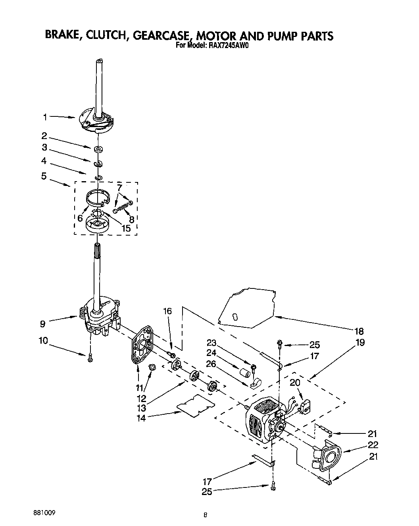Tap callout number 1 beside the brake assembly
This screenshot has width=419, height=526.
(x=46, y=117)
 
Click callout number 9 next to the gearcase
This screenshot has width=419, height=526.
(x=43, y=324)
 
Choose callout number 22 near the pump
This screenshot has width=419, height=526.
(x=373, y=445)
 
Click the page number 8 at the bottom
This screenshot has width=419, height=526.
(x=205, y=515)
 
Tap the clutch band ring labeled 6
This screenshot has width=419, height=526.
(x=97, y=197)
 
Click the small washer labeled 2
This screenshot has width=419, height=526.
(x=98, y=149)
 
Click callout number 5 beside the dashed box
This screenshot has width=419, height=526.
(x=44, y=176)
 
